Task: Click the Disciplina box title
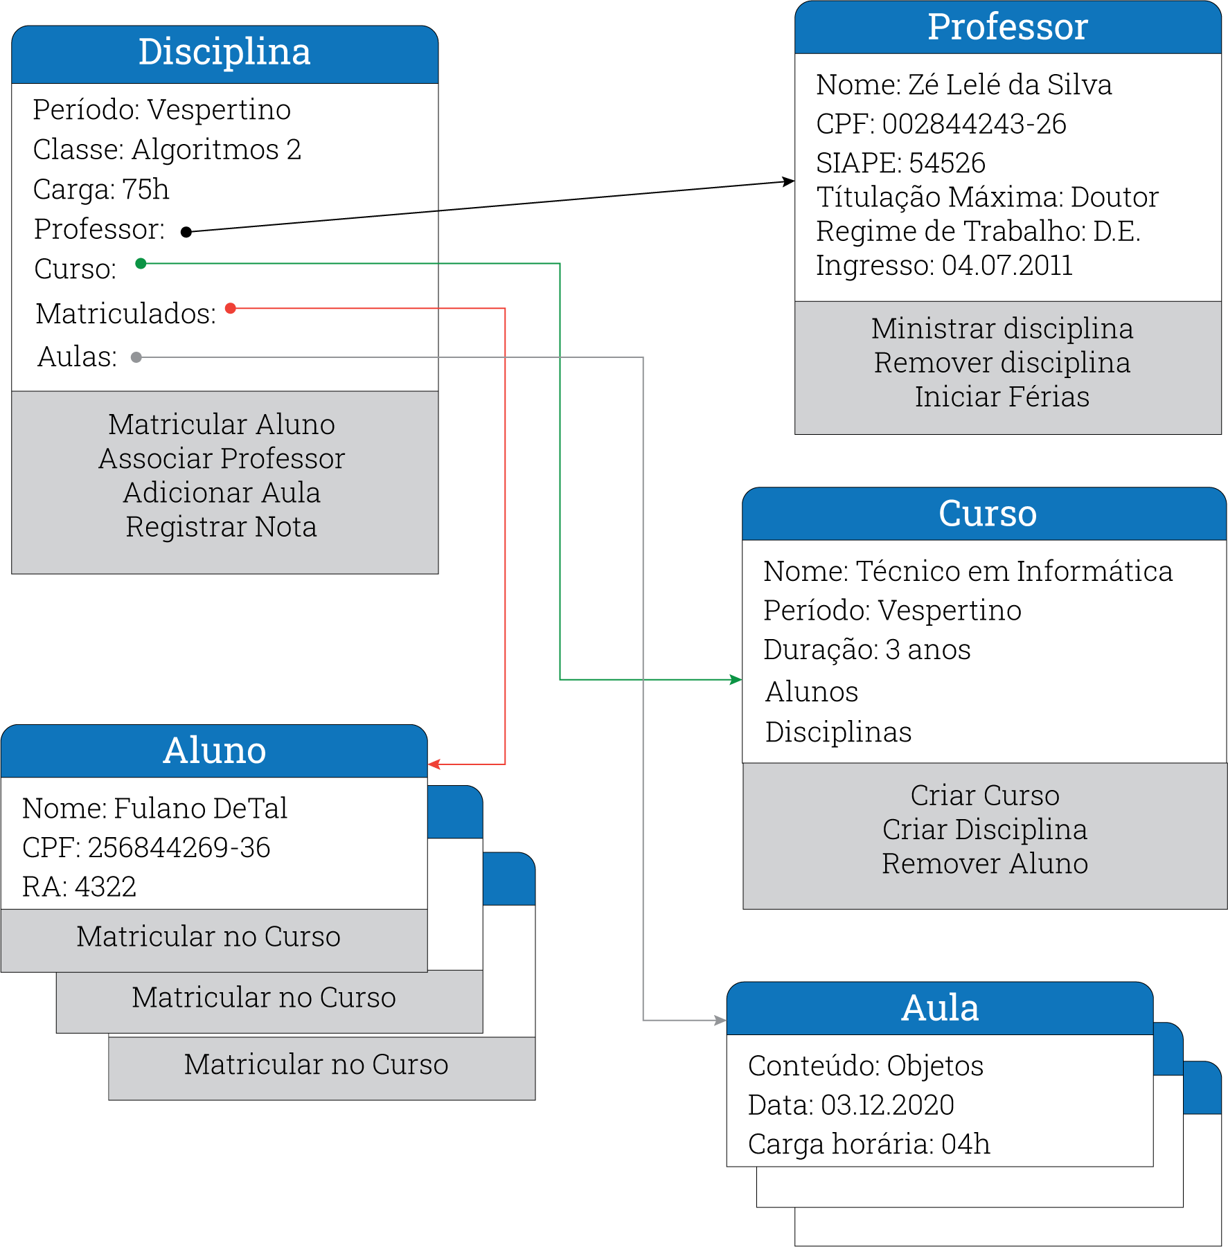coord(224,53)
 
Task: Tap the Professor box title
coord(1007,28)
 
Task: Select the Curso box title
coord(987,514)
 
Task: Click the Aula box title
coord(940,1008)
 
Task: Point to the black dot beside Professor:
coord(186,232)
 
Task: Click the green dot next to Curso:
coord(141,263)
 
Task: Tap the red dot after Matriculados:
coord(231,308)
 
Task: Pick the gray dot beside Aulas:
coord(136,357)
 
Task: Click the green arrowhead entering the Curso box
coord(736,679)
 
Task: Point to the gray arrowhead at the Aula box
coord(720,1020)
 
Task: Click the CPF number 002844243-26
coord(974,125)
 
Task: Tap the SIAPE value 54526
coord(947,163)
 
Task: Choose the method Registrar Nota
coord(221,527)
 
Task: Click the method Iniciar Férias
coord(1002,397)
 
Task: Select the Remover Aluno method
coord(984,864)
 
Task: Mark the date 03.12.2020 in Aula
coord(887,1105)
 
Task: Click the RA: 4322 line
coord(79,887)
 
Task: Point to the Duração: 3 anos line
coord(866,650)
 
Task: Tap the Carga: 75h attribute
coord(101,190)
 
